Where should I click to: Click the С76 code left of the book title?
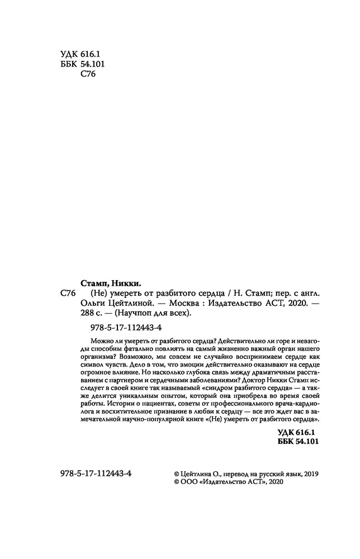point(67,293)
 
